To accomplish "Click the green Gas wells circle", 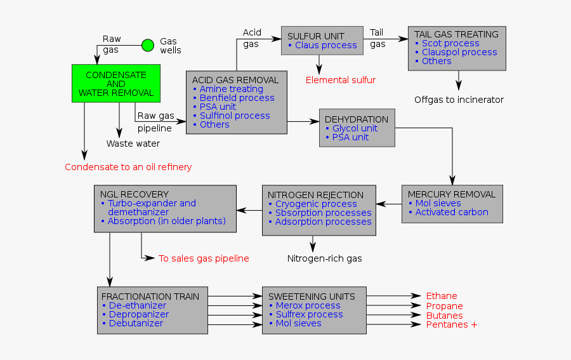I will point(147,45).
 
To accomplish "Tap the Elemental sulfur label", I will point(341,80).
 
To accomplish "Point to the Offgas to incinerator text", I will point(459,100).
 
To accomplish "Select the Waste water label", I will point(133,143).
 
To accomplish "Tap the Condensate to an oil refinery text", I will point(128,167).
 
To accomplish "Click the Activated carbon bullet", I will point(452,212).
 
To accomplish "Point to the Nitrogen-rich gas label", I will point(325,258).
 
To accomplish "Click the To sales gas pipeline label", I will point(204,258).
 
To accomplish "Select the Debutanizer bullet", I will point(136,323).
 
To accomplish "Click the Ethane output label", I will point(442,296).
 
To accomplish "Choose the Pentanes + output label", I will point(452,324).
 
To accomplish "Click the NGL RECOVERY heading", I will point(135,194).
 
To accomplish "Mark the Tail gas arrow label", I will point(378,38).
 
